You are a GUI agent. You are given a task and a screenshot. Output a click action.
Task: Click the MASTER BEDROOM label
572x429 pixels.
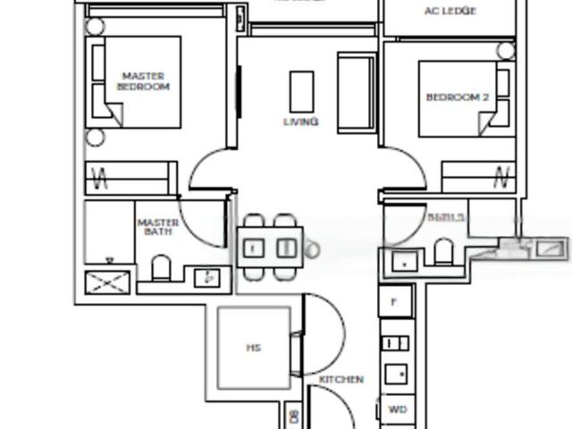click(143, 81)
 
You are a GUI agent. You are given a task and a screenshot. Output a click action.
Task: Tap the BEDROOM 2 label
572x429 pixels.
click(457, 97)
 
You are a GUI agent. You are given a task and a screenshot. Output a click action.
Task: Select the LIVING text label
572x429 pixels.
click(301, 122)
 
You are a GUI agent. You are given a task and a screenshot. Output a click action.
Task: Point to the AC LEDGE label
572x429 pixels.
click(450, 11)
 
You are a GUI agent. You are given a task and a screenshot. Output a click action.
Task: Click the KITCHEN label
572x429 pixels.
click(341, 379)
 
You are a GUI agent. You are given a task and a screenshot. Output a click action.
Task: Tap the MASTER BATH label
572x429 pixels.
click(158, 227)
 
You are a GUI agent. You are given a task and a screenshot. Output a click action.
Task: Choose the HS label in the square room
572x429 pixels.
click(253, 348)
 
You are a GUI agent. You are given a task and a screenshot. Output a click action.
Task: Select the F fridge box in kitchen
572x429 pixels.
click(394, 302)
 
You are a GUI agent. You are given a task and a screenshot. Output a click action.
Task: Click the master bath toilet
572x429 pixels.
click(162, 269)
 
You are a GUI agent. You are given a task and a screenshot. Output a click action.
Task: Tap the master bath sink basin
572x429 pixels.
click(209, 277)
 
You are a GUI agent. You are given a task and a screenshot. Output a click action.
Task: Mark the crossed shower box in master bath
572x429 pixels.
click(106, 283)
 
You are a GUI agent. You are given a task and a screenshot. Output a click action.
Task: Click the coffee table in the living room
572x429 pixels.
click(301, 90)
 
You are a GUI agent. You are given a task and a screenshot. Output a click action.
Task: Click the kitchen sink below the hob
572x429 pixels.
click(396, 374)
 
